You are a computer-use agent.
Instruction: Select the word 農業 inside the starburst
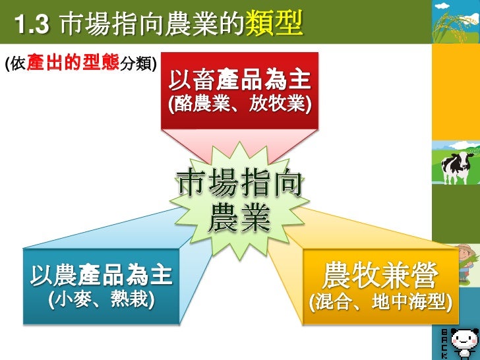[x=239, y=218]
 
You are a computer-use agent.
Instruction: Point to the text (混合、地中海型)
[x=380, y=303]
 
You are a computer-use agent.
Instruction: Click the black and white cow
[x=457, y=167]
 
